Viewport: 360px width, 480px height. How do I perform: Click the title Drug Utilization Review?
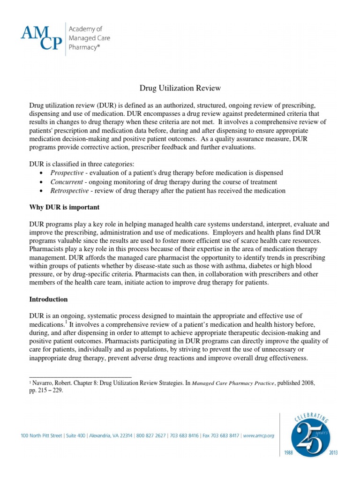coord(180,88)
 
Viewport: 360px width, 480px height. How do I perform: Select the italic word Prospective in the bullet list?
coord(68,173)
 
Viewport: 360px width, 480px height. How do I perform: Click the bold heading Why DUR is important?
coord(64,207)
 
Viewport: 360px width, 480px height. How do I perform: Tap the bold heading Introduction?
coord(49,299)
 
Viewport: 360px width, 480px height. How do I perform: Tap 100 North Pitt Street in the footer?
coord(42,435)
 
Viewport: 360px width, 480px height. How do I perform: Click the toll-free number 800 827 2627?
coord(150,435)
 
